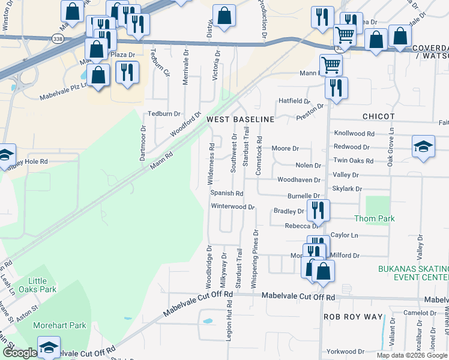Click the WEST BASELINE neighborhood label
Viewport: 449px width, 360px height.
coord(241,119)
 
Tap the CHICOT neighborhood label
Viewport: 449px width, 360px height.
coord(378,116)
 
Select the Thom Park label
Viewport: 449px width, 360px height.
coord(375,218)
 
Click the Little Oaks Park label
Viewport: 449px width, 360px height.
coord(42,285)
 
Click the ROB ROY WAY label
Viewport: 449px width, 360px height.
coord(354,316)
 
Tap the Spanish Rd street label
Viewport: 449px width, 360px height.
coord(226,193)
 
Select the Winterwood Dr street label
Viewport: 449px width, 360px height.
coord(233,206)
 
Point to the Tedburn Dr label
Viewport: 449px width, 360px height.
coord(164,114)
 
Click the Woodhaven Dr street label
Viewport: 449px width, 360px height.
coord(298,179)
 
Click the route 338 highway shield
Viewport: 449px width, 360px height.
coord(58,37)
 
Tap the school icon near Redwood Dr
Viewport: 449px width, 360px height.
coord(423,146)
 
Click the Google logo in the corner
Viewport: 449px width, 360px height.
coord(19,353)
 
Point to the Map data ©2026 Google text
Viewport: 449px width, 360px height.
coord(412,355)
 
